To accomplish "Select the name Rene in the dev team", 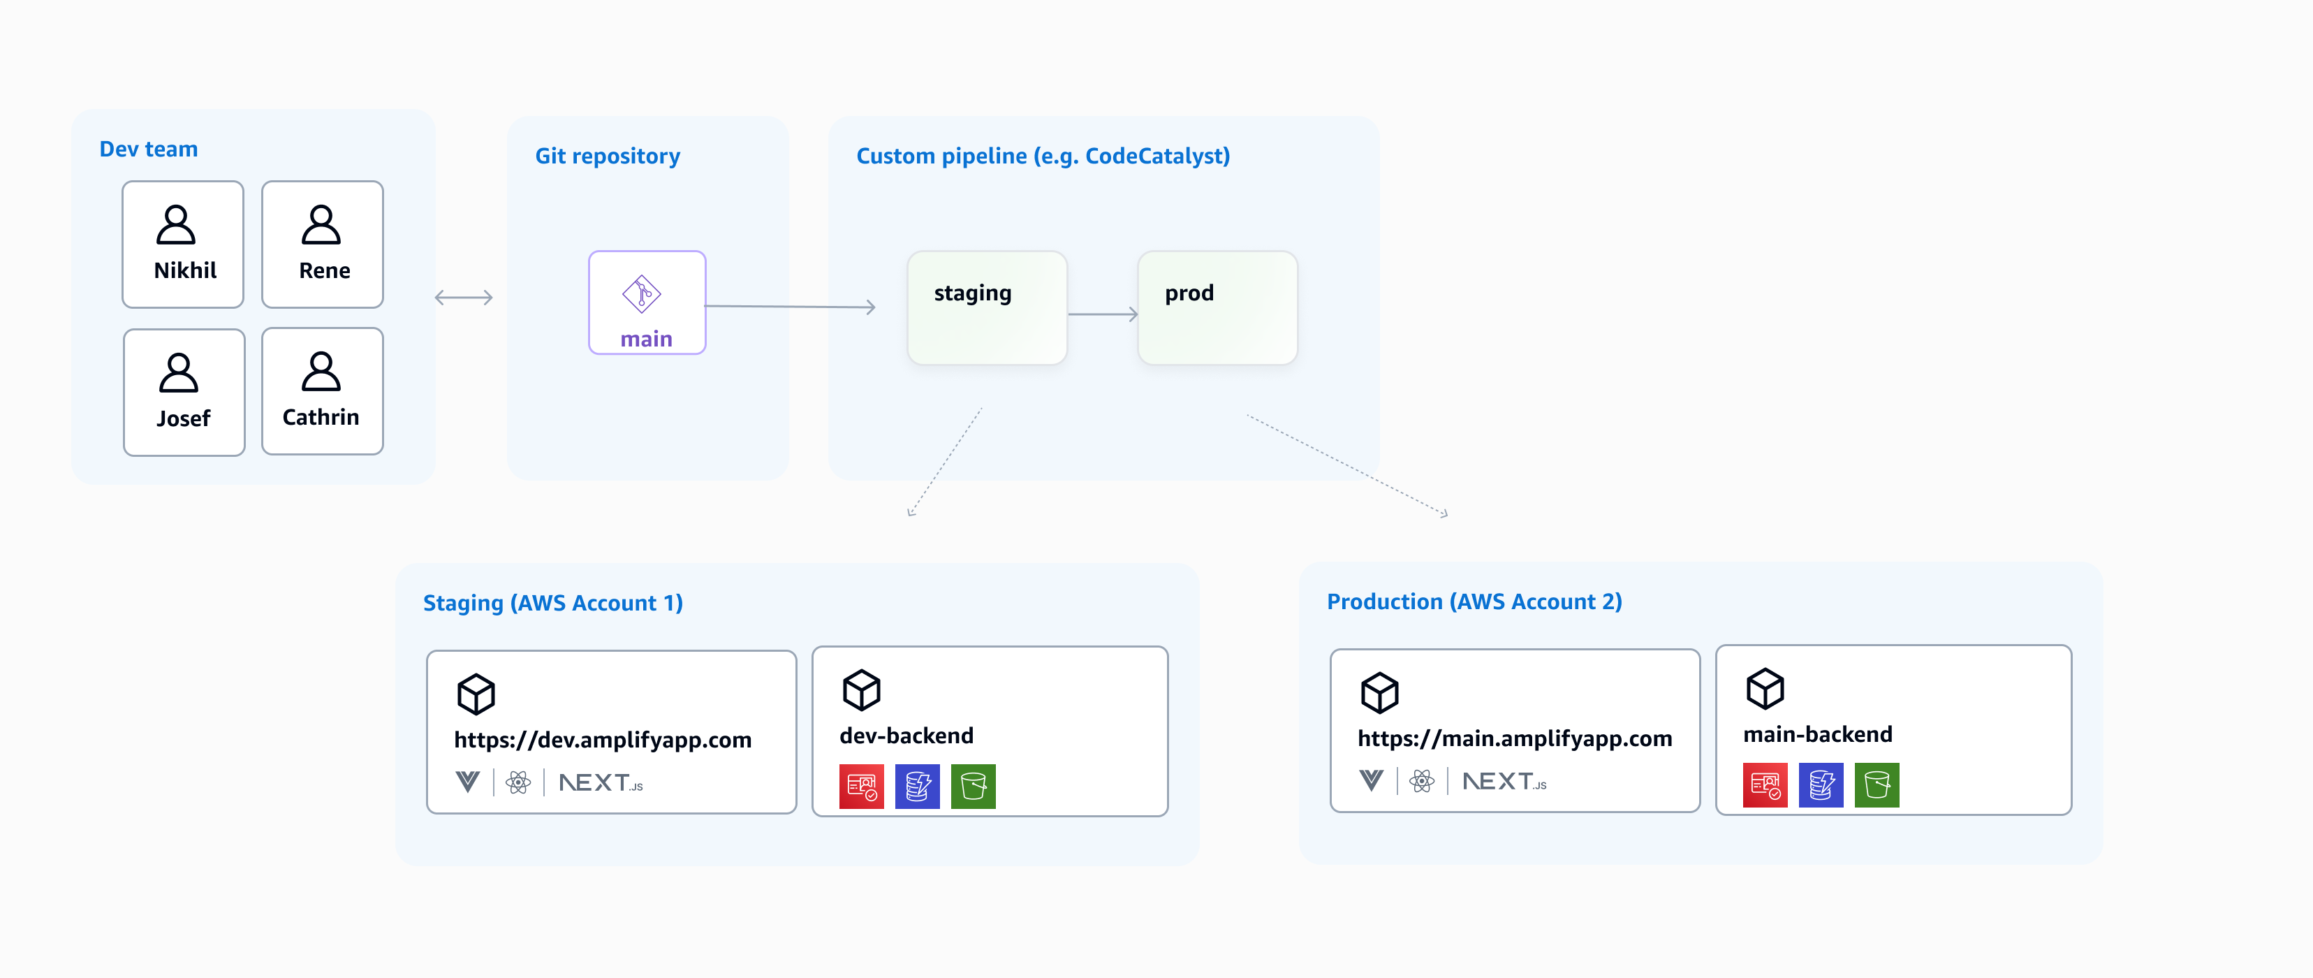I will tap(324, 270).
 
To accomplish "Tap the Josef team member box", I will tap(184, 393).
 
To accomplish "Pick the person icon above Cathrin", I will tap(321, 372).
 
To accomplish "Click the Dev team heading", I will tap(148, 149).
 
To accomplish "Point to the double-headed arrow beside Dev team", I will tap(463, 298).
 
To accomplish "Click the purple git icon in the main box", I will tap(641, 293).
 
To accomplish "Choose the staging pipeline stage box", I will tap(987, 308).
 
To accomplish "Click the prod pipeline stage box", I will tap(1217, 308).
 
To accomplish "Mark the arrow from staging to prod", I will tap(1103, 314).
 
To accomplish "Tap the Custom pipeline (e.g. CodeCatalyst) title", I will tap(1043, 156).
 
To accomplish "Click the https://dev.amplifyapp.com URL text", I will tap(603, 740).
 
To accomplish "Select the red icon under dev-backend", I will tap(861, 787).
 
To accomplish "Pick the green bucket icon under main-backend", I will tap(1876, 785).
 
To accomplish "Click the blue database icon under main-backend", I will tap(1820, 785).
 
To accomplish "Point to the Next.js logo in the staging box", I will tap(601, 783).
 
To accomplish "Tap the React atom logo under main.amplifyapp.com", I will tap(1421, 781).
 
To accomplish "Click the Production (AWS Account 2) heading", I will tap(1474, 601).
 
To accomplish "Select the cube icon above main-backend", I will tap(1764, 689).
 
